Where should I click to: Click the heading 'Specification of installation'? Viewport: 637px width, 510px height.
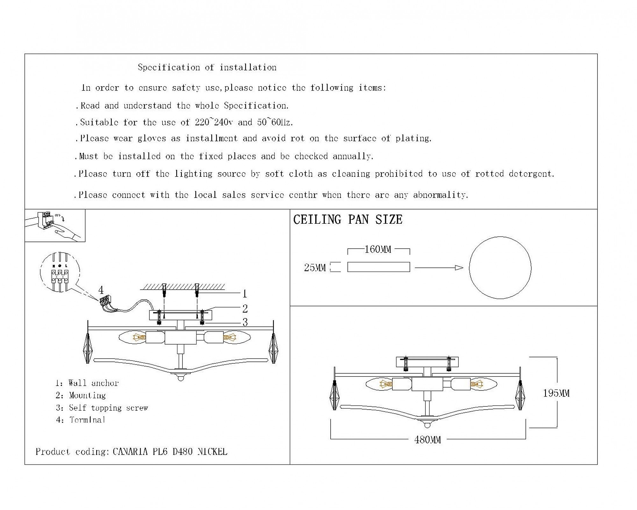(x=207, y=67)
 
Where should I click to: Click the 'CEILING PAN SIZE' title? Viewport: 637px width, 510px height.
(x=348, y=220)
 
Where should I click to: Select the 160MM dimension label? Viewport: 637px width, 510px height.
(x=378, y=249)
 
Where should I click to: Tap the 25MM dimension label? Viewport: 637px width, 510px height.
(x=315, y=267)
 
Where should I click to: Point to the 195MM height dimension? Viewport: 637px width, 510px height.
(x=556, y=393)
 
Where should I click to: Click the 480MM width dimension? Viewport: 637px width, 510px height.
(x=428, y=440)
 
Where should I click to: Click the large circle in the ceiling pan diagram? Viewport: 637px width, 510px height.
(x=500, y=237)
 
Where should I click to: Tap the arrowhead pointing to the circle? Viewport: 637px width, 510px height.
(x=459, y=268)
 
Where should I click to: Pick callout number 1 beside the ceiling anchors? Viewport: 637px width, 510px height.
(x=245, y=294)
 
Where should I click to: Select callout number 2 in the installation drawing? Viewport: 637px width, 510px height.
(x=245, y=309)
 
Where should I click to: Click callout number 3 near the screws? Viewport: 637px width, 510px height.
(x=245, y=322)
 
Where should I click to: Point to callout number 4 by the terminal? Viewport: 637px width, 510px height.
(x=101, y=290)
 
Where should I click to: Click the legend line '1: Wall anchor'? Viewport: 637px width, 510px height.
(x=87, y=383)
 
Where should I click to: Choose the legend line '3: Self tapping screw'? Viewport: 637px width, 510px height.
(x=102, y=408)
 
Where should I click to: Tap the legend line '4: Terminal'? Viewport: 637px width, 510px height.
(x=81, y=420)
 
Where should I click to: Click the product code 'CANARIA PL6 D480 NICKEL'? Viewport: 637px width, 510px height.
(x=170, y=452)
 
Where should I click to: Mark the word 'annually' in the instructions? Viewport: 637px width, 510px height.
(x=353, y=156)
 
